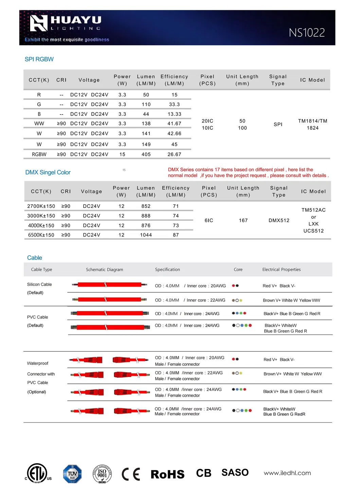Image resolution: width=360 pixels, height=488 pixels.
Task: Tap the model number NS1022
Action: click(x=307, y=33)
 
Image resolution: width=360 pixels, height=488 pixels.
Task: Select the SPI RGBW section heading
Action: click(x=39, y=59)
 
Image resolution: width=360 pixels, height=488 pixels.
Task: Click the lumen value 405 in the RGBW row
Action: click(x=146, y=154)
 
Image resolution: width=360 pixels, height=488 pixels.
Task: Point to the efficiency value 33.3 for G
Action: click(x=174, y=104)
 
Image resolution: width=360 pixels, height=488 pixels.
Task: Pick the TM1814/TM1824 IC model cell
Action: click(x=312, y=124)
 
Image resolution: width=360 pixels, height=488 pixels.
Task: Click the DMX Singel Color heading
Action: click(x=48, y=172)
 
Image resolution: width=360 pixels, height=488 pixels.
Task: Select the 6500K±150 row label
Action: click(x=41, y=235)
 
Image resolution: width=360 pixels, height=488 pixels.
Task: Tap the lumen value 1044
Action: click(x=146, y=235)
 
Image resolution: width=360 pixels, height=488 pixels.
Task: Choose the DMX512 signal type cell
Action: click(x=279, y=220)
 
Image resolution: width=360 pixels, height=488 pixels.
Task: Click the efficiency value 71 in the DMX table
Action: click(x=176, y=206)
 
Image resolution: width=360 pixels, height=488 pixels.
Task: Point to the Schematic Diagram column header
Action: click(x=104, y=270)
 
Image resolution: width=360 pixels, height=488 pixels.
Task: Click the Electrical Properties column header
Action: click(x=281, y=270)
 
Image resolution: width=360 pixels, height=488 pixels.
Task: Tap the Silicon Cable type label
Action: click(x=39, y=285)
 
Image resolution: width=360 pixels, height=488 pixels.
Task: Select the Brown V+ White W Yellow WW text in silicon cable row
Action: click(x=291, y=300)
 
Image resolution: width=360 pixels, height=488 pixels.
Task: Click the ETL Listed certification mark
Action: click(x=37, y=473)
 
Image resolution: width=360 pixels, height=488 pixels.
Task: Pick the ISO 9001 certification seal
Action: click(x=102, y=474)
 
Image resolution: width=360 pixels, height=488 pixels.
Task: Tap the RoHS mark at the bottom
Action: click(x=167, y=474)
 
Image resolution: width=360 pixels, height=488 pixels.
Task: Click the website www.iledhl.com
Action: click(x=287, y=473)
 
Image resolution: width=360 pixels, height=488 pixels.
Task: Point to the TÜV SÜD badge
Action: click(x=72, y=474)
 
